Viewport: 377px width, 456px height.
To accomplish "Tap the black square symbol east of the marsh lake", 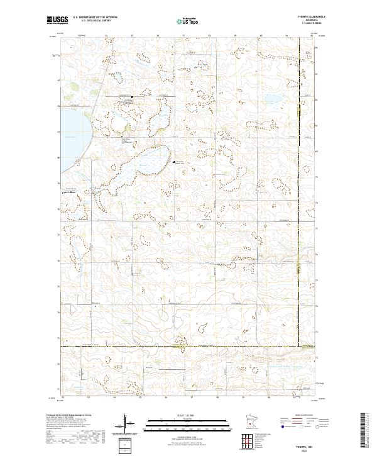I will tap(174, 162).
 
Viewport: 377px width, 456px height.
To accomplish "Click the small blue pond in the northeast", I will tap(274, 99).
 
